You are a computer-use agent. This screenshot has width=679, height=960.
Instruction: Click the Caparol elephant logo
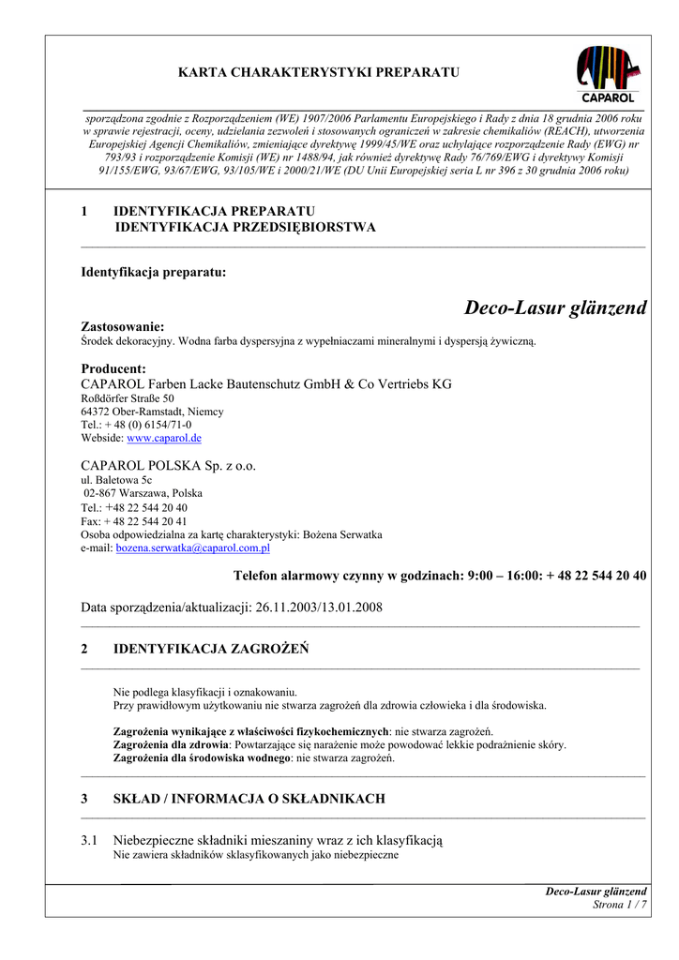609,73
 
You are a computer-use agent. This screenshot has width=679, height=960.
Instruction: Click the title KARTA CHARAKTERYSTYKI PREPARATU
319,72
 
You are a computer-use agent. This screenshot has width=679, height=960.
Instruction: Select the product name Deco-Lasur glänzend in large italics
555,308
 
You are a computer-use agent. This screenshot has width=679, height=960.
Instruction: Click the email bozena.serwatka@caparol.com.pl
192,547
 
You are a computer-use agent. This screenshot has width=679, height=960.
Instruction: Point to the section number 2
84,648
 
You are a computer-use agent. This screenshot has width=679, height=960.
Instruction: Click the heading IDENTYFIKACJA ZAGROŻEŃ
211,648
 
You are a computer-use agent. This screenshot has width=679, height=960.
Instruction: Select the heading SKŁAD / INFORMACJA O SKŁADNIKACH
249,799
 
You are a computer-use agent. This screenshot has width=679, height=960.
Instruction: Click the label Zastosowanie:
123,326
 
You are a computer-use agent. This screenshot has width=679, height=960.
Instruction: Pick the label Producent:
113,368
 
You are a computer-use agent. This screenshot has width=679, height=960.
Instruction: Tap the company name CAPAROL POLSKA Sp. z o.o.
168,465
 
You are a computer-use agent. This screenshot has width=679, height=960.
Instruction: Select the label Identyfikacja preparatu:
153,272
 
